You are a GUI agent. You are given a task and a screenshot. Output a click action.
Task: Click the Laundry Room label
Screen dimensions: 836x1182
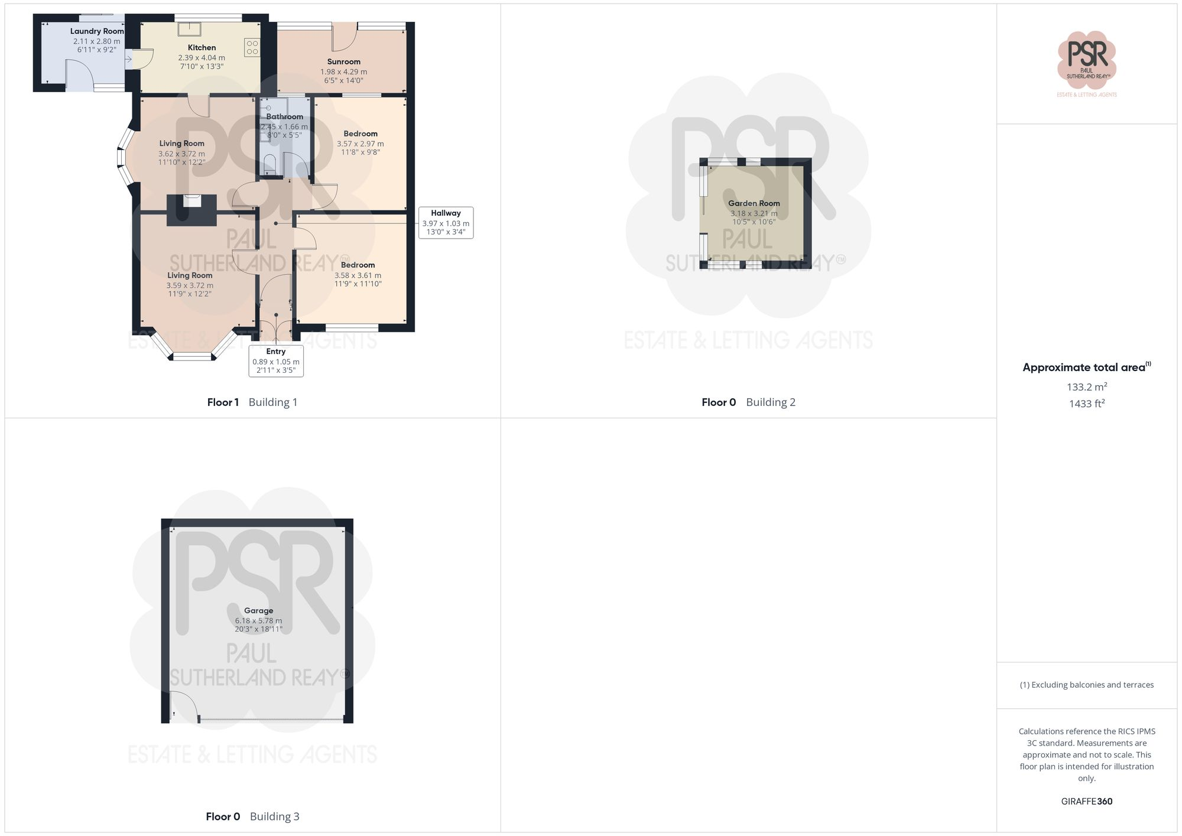(x=97, y=31)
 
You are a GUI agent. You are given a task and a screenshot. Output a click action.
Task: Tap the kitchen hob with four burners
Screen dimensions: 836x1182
(x=252, y=47)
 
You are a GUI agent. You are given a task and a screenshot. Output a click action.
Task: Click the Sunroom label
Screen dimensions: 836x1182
(x=343, y=61)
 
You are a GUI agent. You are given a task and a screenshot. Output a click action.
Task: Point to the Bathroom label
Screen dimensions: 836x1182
(x=284, y=116)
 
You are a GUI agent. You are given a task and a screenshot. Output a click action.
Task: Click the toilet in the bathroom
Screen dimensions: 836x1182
(x=269, y=165)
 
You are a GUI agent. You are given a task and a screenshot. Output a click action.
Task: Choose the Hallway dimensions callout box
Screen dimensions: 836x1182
(x=446, y=222)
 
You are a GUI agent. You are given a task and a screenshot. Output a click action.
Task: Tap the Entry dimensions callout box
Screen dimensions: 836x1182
(x=276, y=361)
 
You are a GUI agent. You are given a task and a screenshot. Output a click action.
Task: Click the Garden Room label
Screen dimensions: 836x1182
(x=754, y=203)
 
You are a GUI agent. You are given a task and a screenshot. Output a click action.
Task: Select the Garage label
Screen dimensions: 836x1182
(x=258, y=610)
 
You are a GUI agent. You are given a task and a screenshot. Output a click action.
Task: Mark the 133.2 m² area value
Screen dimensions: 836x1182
(x=1086, y=387)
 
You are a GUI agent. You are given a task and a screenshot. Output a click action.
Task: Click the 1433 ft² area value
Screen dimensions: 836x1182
(x=1086, y=404)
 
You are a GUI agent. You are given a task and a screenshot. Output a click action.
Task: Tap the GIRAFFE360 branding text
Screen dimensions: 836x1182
(x=1086, y=801)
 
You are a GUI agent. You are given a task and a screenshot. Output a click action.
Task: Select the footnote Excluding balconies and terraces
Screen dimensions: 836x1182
(x=1086, y=685)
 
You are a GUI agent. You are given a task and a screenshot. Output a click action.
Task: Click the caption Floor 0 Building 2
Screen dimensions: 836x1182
(x=748, y=402)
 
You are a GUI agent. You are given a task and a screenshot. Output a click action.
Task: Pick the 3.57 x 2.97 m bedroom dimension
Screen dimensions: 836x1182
(x=360, y=144)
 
